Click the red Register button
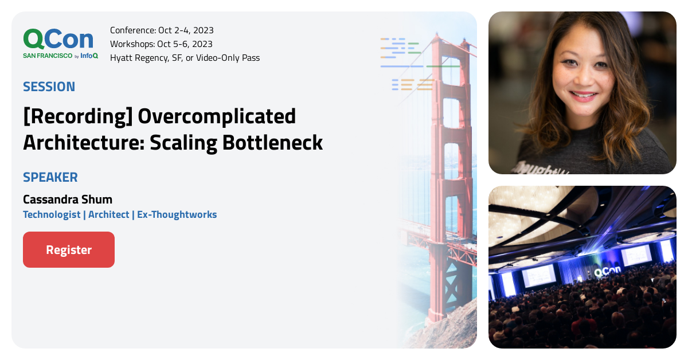coord(69,250)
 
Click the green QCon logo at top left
coord(58,39)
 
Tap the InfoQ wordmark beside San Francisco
coord(89,56)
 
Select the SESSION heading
coord(49,87)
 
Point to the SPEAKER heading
coord(50,177)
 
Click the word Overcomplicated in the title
coord(217,116)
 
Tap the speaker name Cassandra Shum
coord(68,199)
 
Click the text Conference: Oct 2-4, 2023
coord(162,30)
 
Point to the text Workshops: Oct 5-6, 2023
coord(161,44)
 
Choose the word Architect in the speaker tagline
coord(109,214)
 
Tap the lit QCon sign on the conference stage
coord(605,273)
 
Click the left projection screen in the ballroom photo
coord(539,275)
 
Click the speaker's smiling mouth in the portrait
coord(584,96)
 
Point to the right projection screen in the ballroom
coord(636,255)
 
